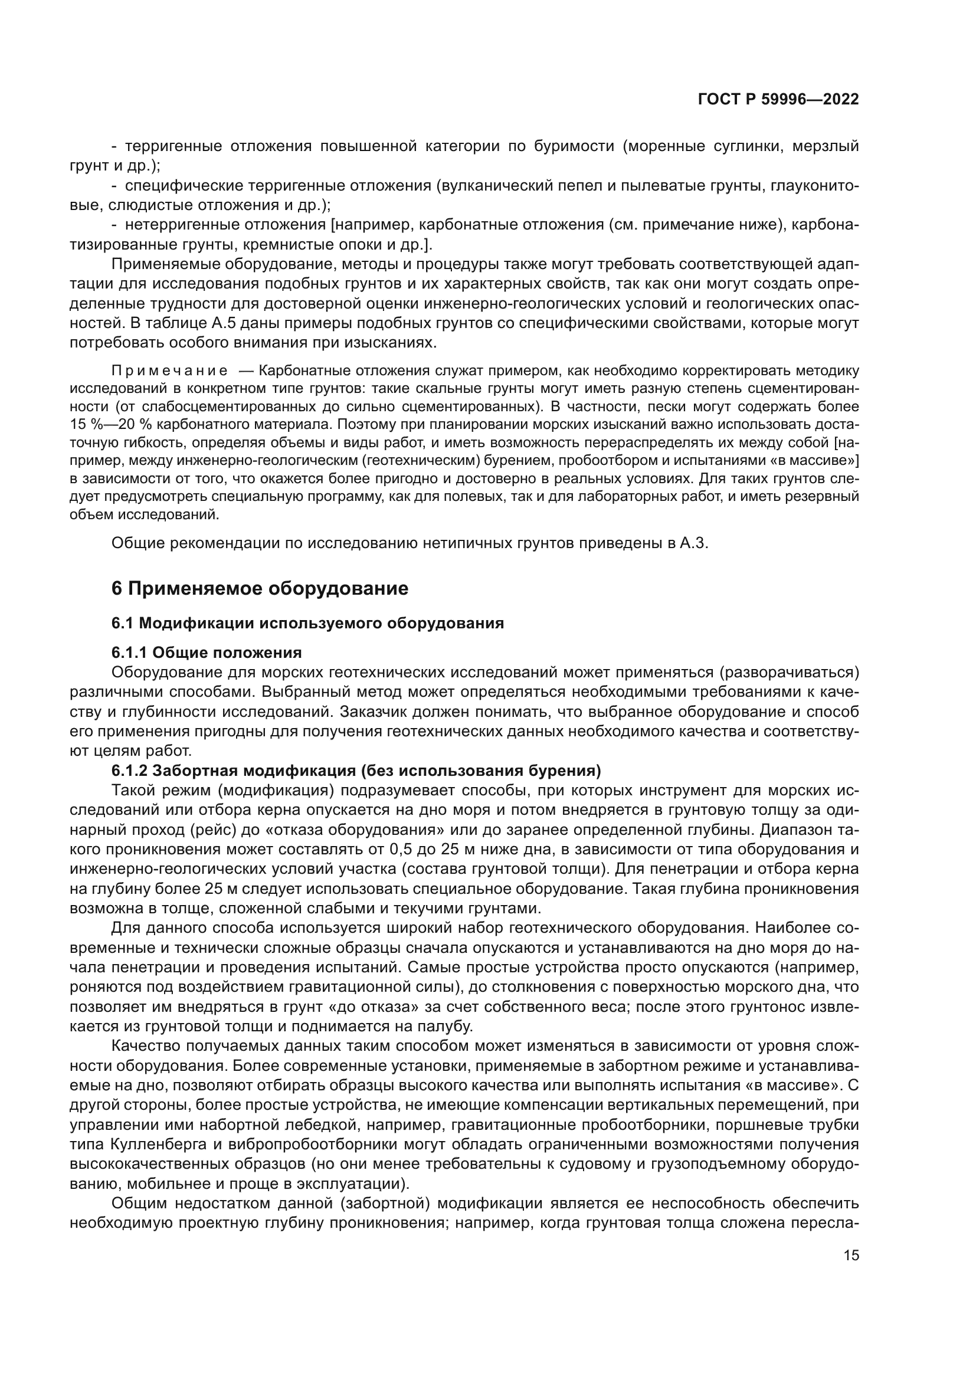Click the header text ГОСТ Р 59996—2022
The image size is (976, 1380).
point(778,100)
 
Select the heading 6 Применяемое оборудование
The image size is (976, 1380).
point(260,588)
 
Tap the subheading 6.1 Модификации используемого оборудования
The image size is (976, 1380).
point(307,623)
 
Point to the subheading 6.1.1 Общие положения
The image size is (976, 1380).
point(206,652)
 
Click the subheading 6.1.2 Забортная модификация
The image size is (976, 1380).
point(356,771)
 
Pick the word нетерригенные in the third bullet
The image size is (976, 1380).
point(183,225)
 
